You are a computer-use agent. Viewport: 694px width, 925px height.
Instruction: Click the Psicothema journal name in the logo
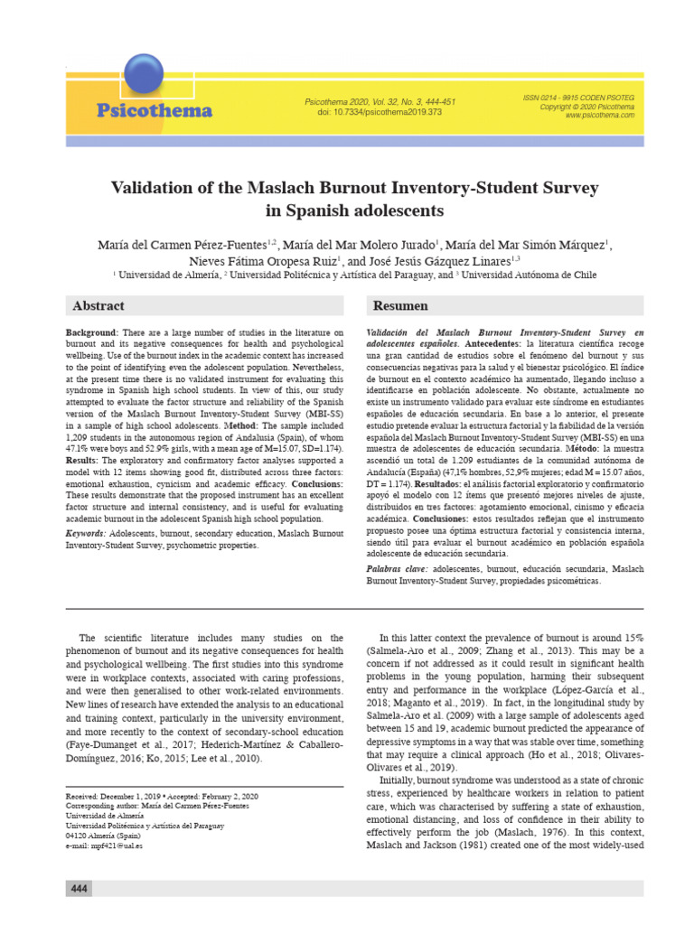155,111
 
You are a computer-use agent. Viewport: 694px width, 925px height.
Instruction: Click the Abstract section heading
98,306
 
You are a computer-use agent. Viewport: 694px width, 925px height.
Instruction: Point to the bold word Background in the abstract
92,333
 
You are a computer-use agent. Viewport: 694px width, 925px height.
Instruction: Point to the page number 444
79,890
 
